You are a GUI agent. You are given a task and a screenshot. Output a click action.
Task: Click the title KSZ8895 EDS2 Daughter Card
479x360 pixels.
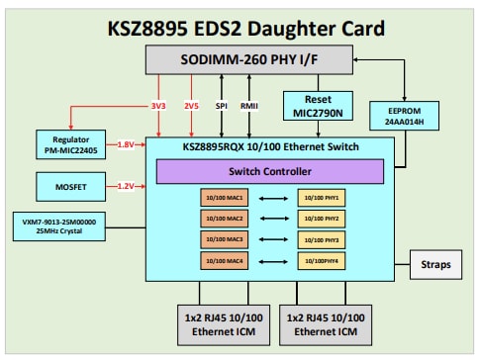coord(239,27)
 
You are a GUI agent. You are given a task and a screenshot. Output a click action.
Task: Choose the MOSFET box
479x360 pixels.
coord(75,185)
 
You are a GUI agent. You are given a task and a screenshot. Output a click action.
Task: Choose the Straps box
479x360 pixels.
coord(434,265)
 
